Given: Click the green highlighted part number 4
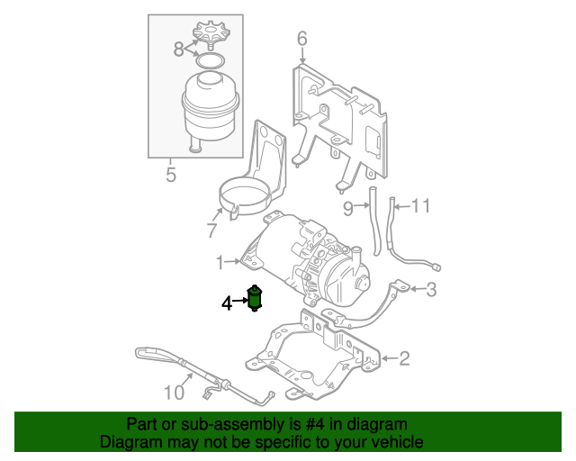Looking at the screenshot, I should pos(255,298).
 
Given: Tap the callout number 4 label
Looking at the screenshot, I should pos(228,303).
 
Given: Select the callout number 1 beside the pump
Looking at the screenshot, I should pos(220,262).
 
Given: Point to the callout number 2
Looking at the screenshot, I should pos(404,359).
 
